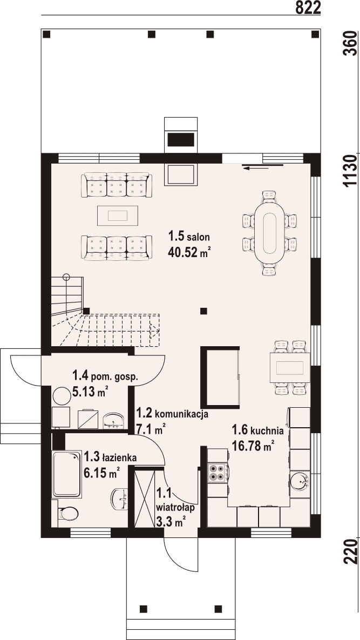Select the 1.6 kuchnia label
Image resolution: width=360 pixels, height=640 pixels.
tap(257, 430)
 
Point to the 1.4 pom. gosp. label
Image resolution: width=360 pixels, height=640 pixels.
tap(105, 375)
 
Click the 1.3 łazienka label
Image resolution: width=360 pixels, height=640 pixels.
tap(110, 457)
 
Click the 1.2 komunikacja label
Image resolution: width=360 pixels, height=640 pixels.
tap(173, 413)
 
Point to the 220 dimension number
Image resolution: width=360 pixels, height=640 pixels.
tap(351, 551)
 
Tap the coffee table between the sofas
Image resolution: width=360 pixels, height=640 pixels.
tap(118, 215)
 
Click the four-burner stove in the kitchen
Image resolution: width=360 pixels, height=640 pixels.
tap(218, 473)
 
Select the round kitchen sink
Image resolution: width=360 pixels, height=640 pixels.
tap(301, 481)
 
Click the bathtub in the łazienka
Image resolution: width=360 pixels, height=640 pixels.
tap(66, 474)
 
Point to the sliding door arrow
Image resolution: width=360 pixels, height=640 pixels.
tap(262, 166)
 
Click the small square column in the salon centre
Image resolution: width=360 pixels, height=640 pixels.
tap(204, 311)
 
